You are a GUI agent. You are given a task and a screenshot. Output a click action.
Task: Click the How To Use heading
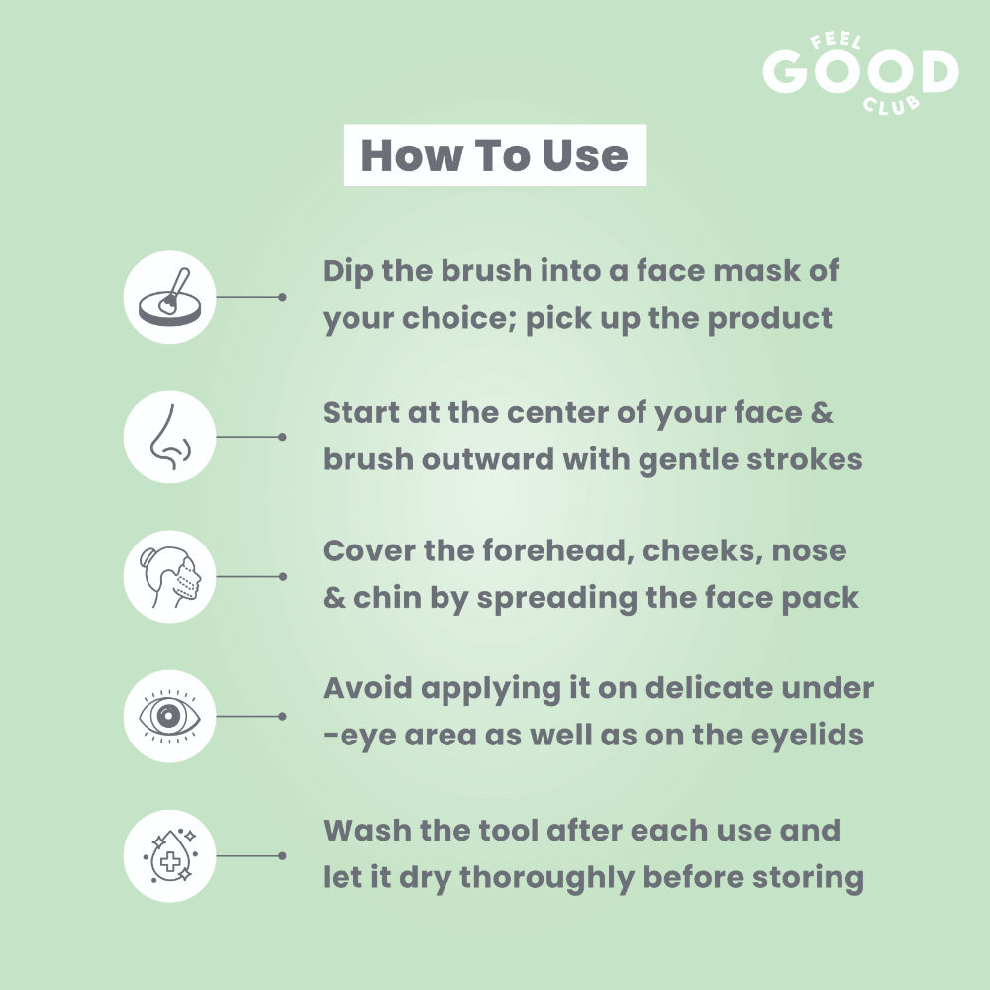pyautogui.click(x=494, y=155)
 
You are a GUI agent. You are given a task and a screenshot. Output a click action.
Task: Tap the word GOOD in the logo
pyautogui.click(x=860, y=71)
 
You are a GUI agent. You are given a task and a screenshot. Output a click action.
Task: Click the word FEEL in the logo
pyautogui.click(x=836, y=42)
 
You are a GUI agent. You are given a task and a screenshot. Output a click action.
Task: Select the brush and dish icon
pyautogui.click(x=170, y=297)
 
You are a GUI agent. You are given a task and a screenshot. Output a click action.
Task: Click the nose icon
pyautogui.click(x=170, y=437)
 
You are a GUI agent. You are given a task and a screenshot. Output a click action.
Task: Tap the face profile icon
pyautogui.click(x=170, y=576)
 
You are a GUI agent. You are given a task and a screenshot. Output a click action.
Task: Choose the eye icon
pyautogui.click(x=170, y=716)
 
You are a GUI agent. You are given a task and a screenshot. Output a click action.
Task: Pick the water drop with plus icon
pyautogui.click(x=170, y=856)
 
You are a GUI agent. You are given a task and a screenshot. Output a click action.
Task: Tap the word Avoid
pyautogui.click(x=367, y=688)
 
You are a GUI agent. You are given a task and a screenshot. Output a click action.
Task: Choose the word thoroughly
pyautogui.click(x=546, y=878)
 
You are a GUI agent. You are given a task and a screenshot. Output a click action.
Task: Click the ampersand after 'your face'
pyautogui.click(x=822, y=413)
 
